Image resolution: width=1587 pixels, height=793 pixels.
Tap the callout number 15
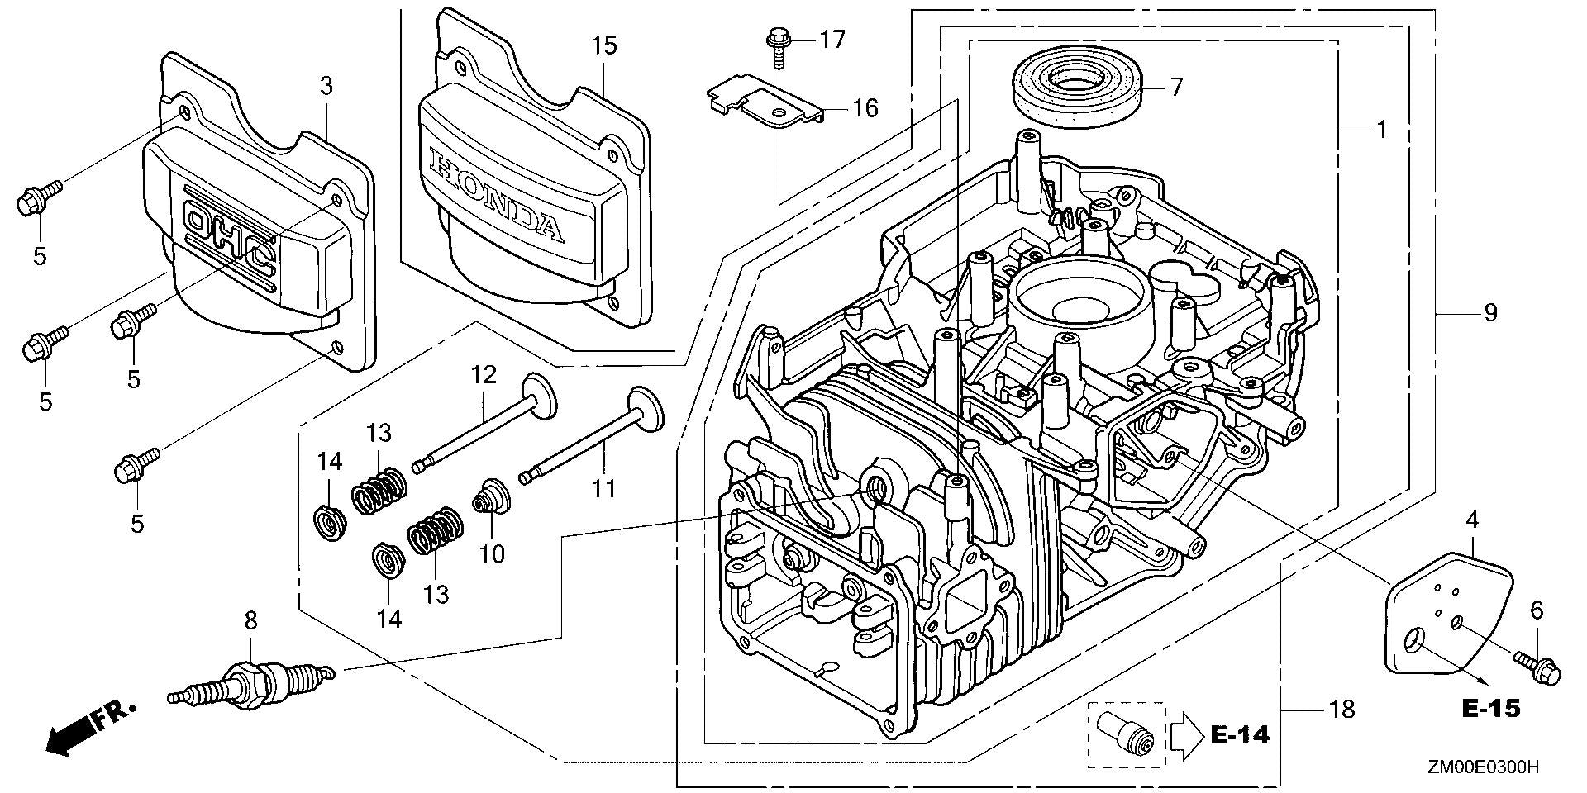604,45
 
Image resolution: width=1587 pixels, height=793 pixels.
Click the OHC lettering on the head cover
231,237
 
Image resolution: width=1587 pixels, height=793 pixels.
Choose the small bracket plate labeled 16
765,103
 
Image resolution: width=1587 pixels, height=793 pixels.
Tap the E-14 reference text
1240,734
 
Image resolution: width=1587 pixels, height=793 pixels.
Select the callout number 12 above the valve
484,375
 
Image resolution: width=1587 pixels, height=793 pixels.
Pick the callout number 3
326,86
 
